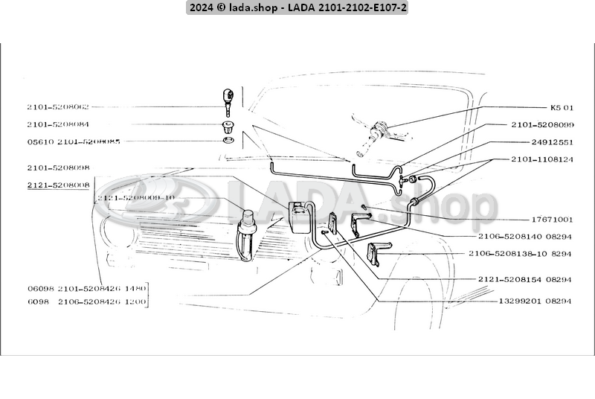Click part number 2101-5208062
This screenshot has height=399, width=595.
click(x=58, y=106)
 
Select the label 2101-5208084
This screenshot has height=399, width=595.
click(x=58, y=124)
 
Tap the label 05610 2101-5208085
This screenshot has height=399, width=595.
click(x=73, y=141)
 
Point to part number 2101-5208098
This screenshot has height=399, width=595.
click(x=58, y=168)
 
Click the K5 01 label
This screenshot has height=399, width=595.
click(x=562, y=106)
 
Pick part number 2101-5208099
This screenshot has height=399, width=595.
click(x=542, y=124)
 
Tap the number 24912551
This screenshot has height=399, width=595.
click(x=552, y=141)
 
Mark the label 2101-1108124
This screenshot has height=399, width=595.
click(x=542, y=159)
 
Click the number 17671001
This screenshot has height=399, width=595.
click(x=552, y=220)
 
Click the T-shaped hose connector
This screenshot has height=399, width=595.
click(x=408, y=181)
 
